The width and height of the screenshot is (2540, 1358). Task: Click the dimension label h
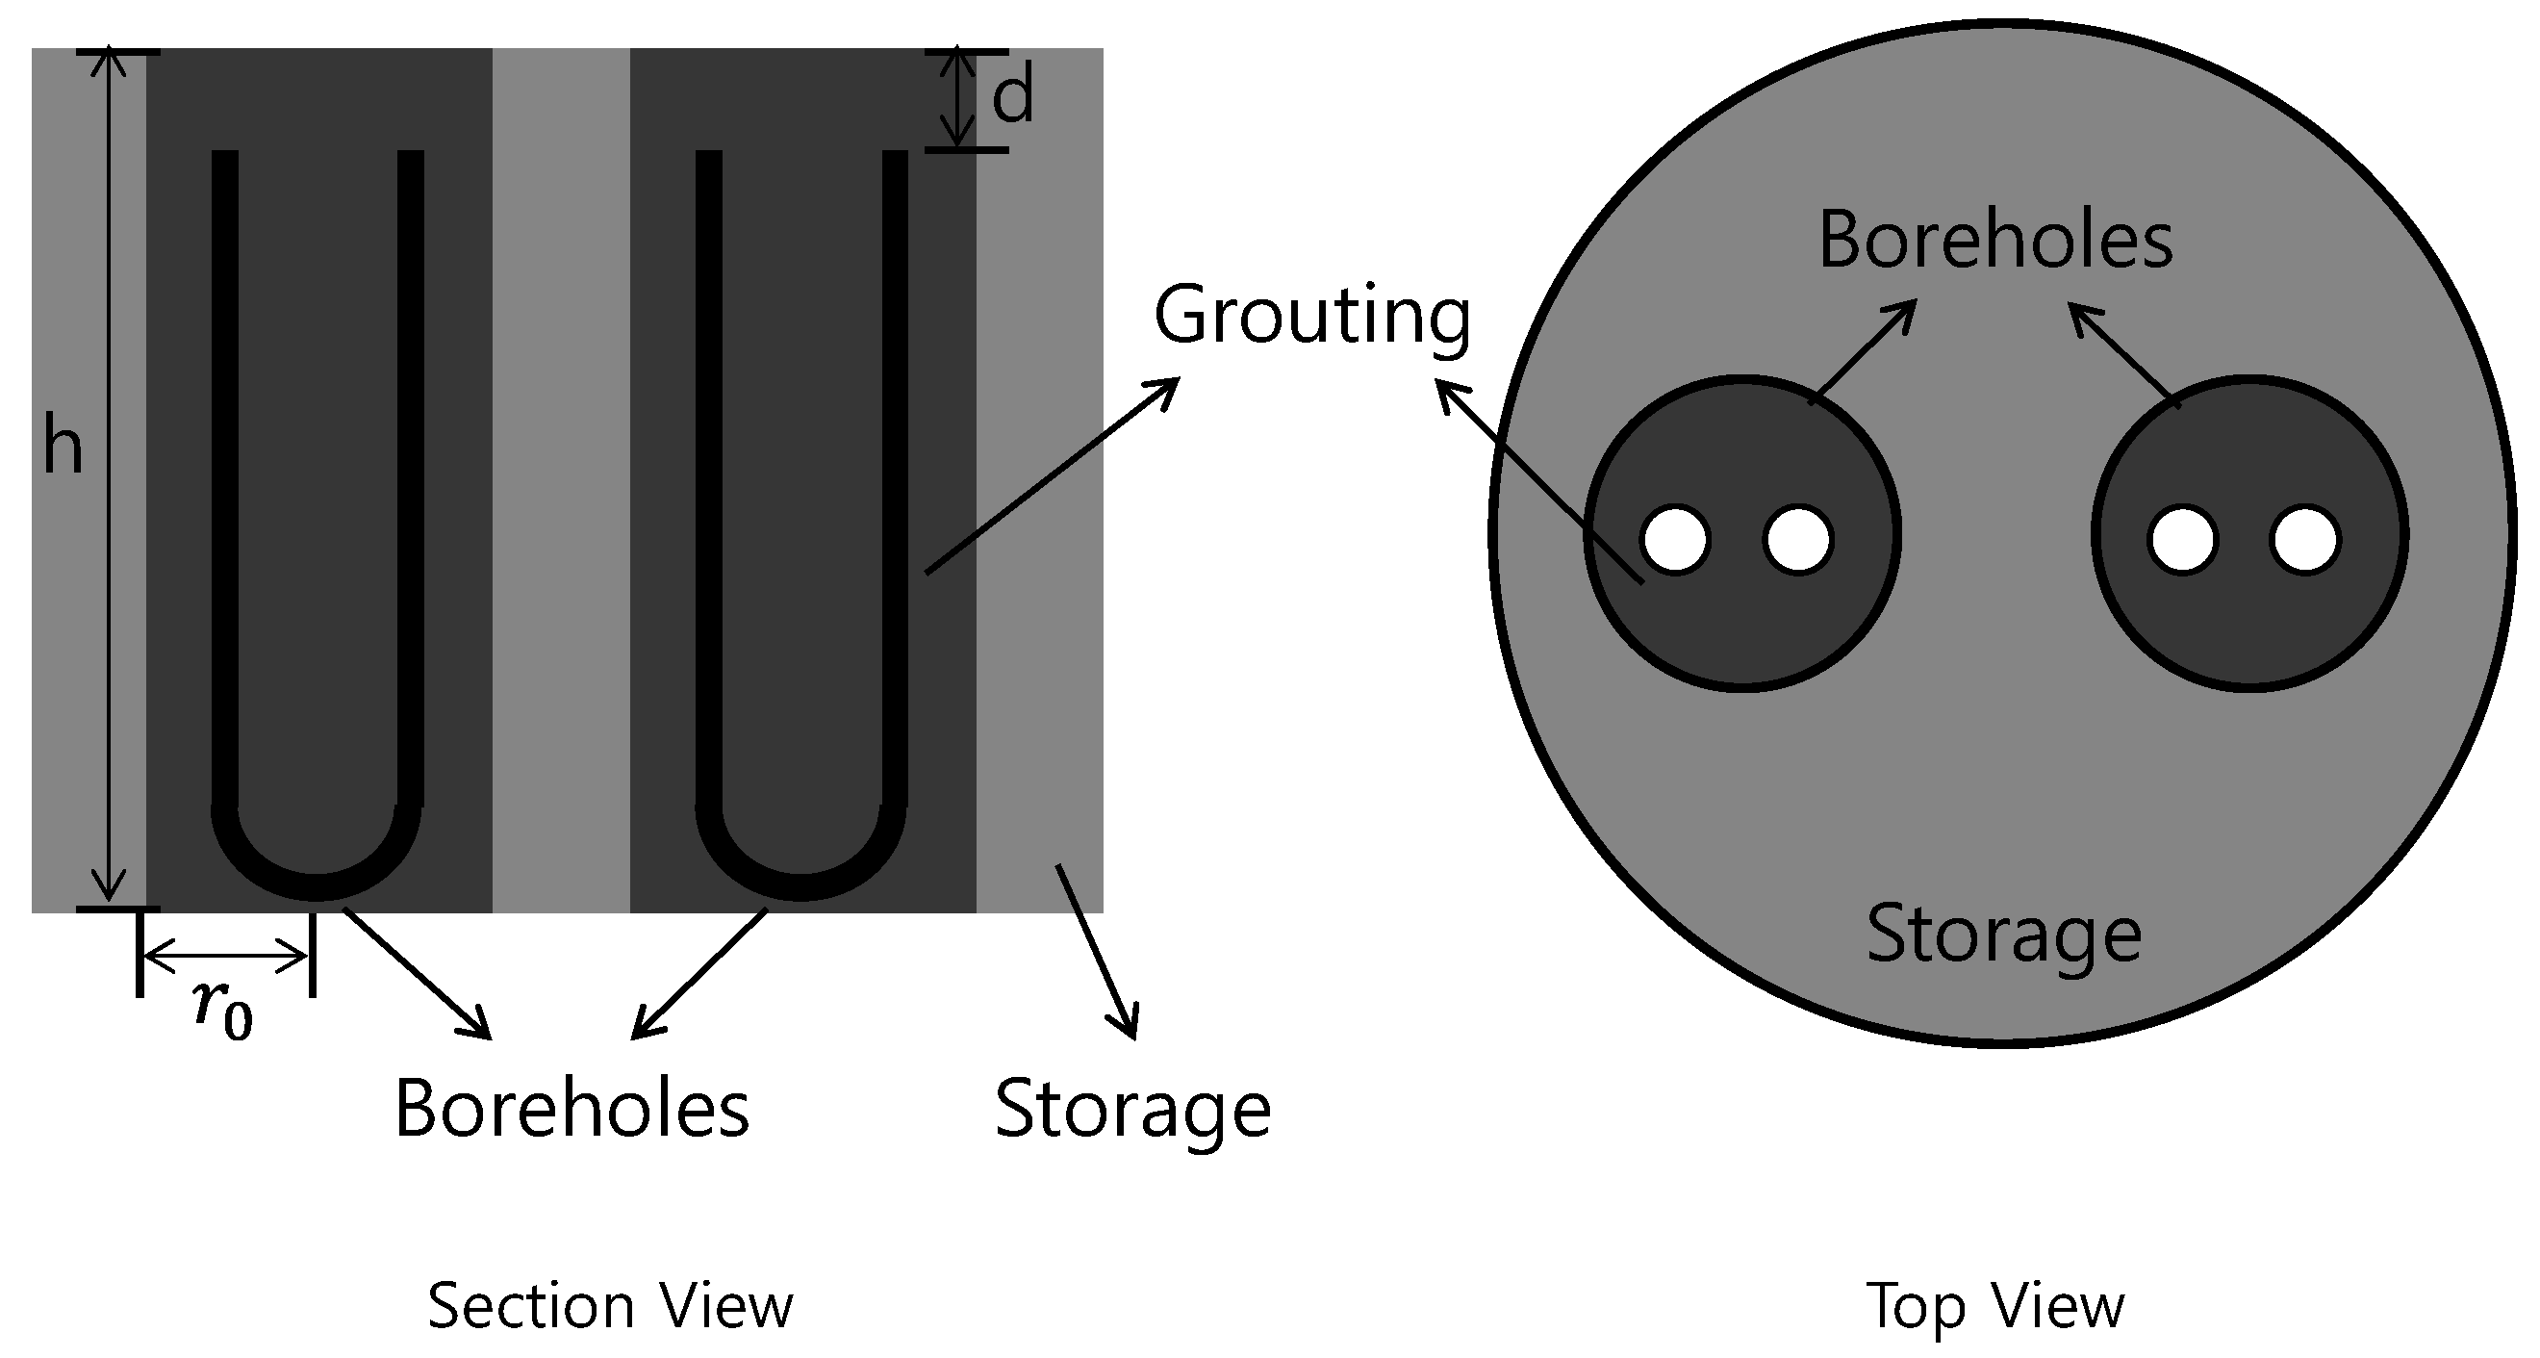click(63, 449)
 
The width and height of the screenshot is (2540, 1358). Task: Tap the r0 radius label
click(224, 1009)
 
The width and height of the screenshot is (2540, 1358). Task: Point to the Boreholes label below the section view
click(571, 1109)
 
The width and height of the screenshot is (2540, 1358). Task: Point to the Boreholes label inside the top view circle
click(1994, 240)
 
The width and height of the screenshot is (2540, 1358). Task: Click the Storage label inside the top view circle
click(2003, 934)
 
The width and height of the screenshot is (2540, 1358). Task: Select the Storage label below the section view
click(1133, 1110)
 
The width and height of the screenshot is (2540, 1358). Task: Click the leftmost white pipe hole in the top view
click(1675, 540)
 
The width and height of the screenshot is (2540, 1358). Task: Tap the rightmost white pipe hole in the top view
click(2304, 541)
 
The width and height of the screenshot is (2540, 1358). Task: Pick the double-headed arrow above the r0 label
click(226, 955)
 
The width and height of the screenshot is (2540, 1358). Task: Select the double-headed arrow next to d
click(955, 97)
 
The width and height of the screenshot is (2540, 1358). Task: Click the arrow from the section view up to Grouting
click(1051, 475)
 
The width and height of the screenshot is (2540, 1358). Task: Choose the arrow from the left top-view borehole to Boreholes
click(1864, 350)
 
